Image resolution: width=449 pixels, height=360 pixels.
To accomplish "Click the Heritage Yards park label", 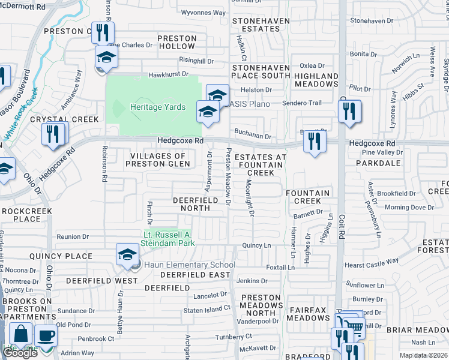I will coord(158,107).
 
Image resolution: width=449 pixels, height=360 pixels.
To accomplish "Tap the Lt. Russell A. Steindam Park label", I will coord(168,239).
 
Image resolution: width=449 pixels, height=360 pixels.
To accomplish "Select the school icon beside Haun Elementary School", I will coord(128,256).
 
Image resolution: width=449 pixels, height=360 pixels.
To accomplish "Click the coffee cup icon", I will coord(45,336).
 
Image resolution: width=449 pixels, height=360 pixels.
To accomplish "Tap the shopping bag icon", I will coord(21,334).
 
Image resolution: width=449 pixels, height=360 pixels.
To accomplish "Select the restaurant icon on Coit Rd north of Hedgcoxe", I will coord(349,111).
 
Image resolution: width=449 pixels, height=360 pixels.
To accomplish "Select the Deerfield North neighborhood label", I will coord(191,204).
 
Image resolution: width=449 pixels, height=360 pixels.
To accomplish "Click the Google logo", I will coord(20,353).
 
